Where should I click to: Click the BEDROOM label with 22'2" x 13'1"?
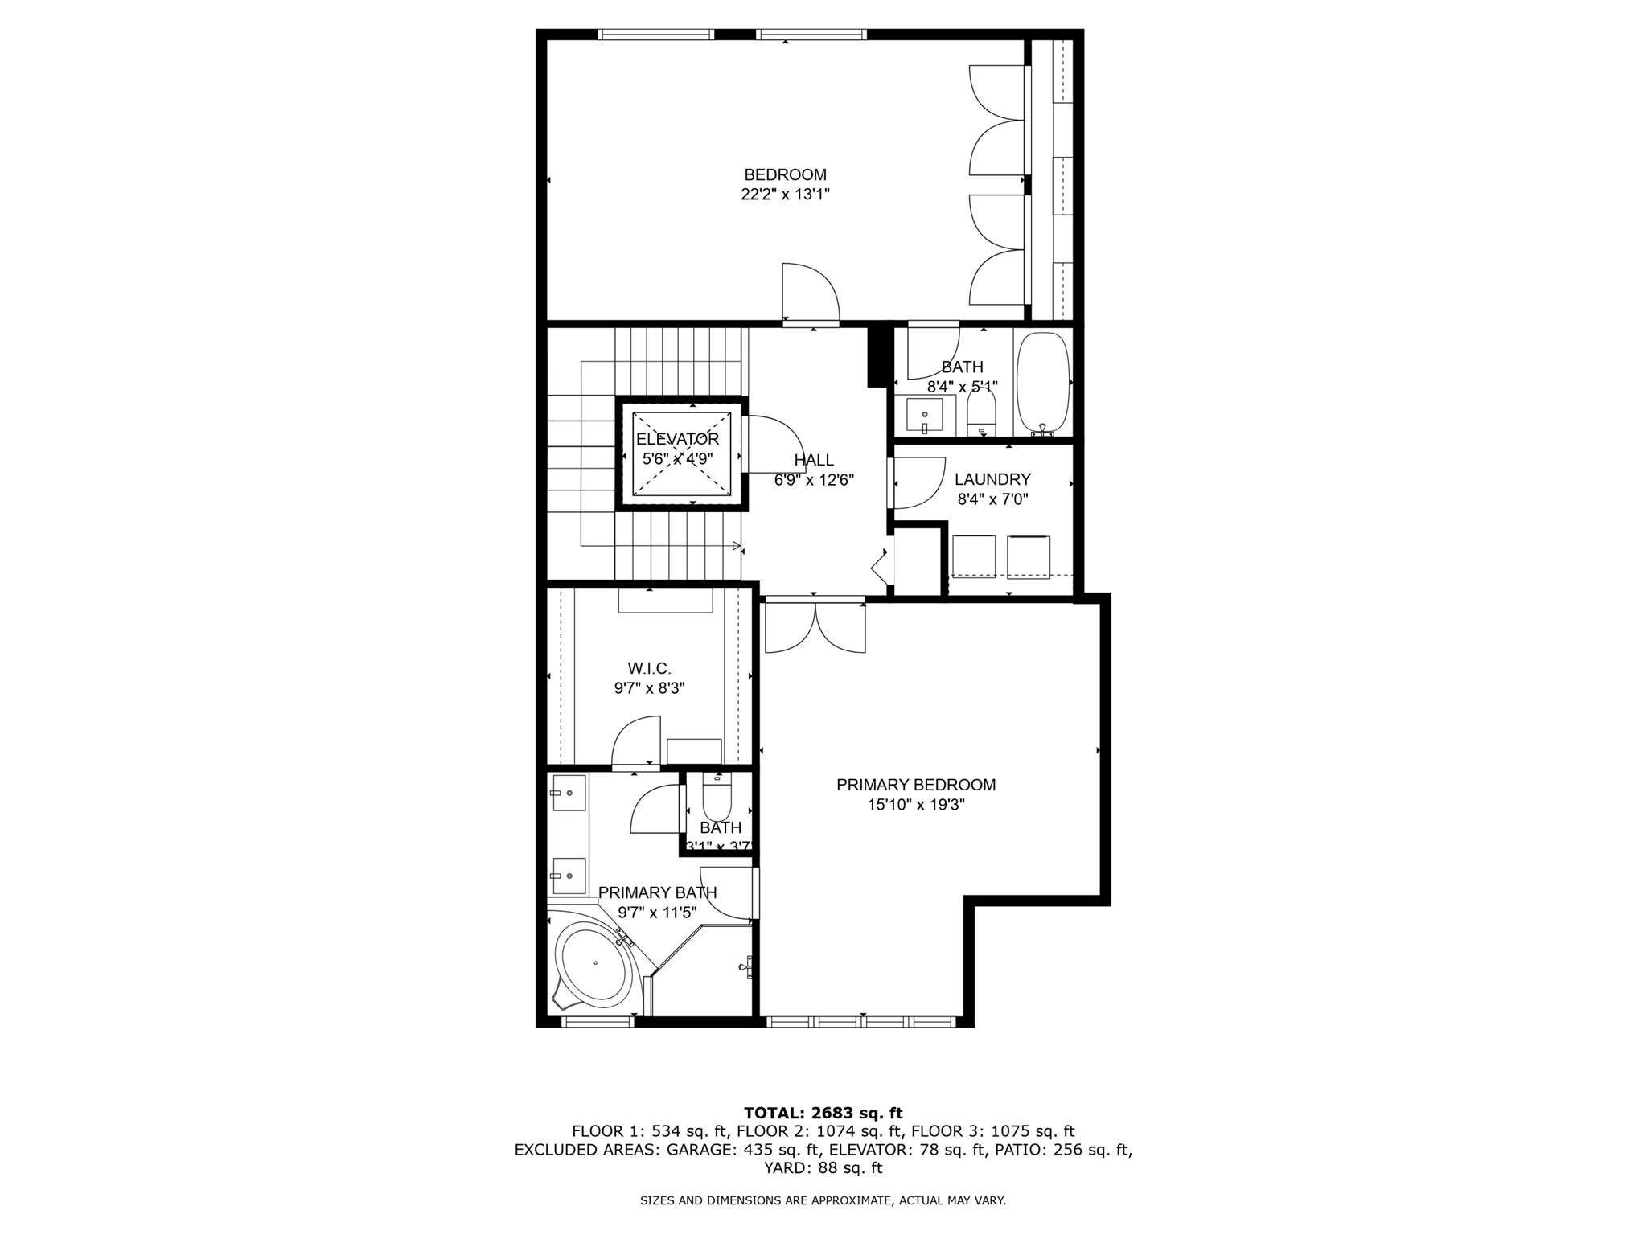pyautogui.click(x=785, y=175)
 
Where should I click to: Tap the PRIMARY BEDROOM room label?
pyautogui.click(x=915, y=785)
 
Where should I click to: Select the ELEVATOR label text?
pyautogui.click(x=677, y=440)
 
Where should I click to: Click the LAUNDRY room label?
pyautogui.click(x=992, y=480)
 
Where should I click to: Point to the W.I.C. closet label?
pyautogui.click(x=649, y=669)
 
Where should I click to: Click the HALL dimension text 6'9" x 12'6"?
pyautogui.click(x=813, y=480)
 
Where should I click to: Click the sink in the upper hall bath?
pyautogui.click(x=925, y=415)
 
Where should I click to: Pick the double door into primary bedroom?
pyautogui.click(x=815, y=627)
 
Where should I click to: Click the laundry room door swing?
pyautogui.click(x=918, y=482)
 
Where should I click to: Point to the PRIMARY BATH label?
pyautogui.click(x=657, y=892)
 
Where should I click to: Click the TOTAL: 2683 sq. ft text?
pyautogui.click(x=823, y=1114)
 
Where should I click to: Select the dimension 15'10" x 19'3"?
pyautogui.click(x=916, y=805)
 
